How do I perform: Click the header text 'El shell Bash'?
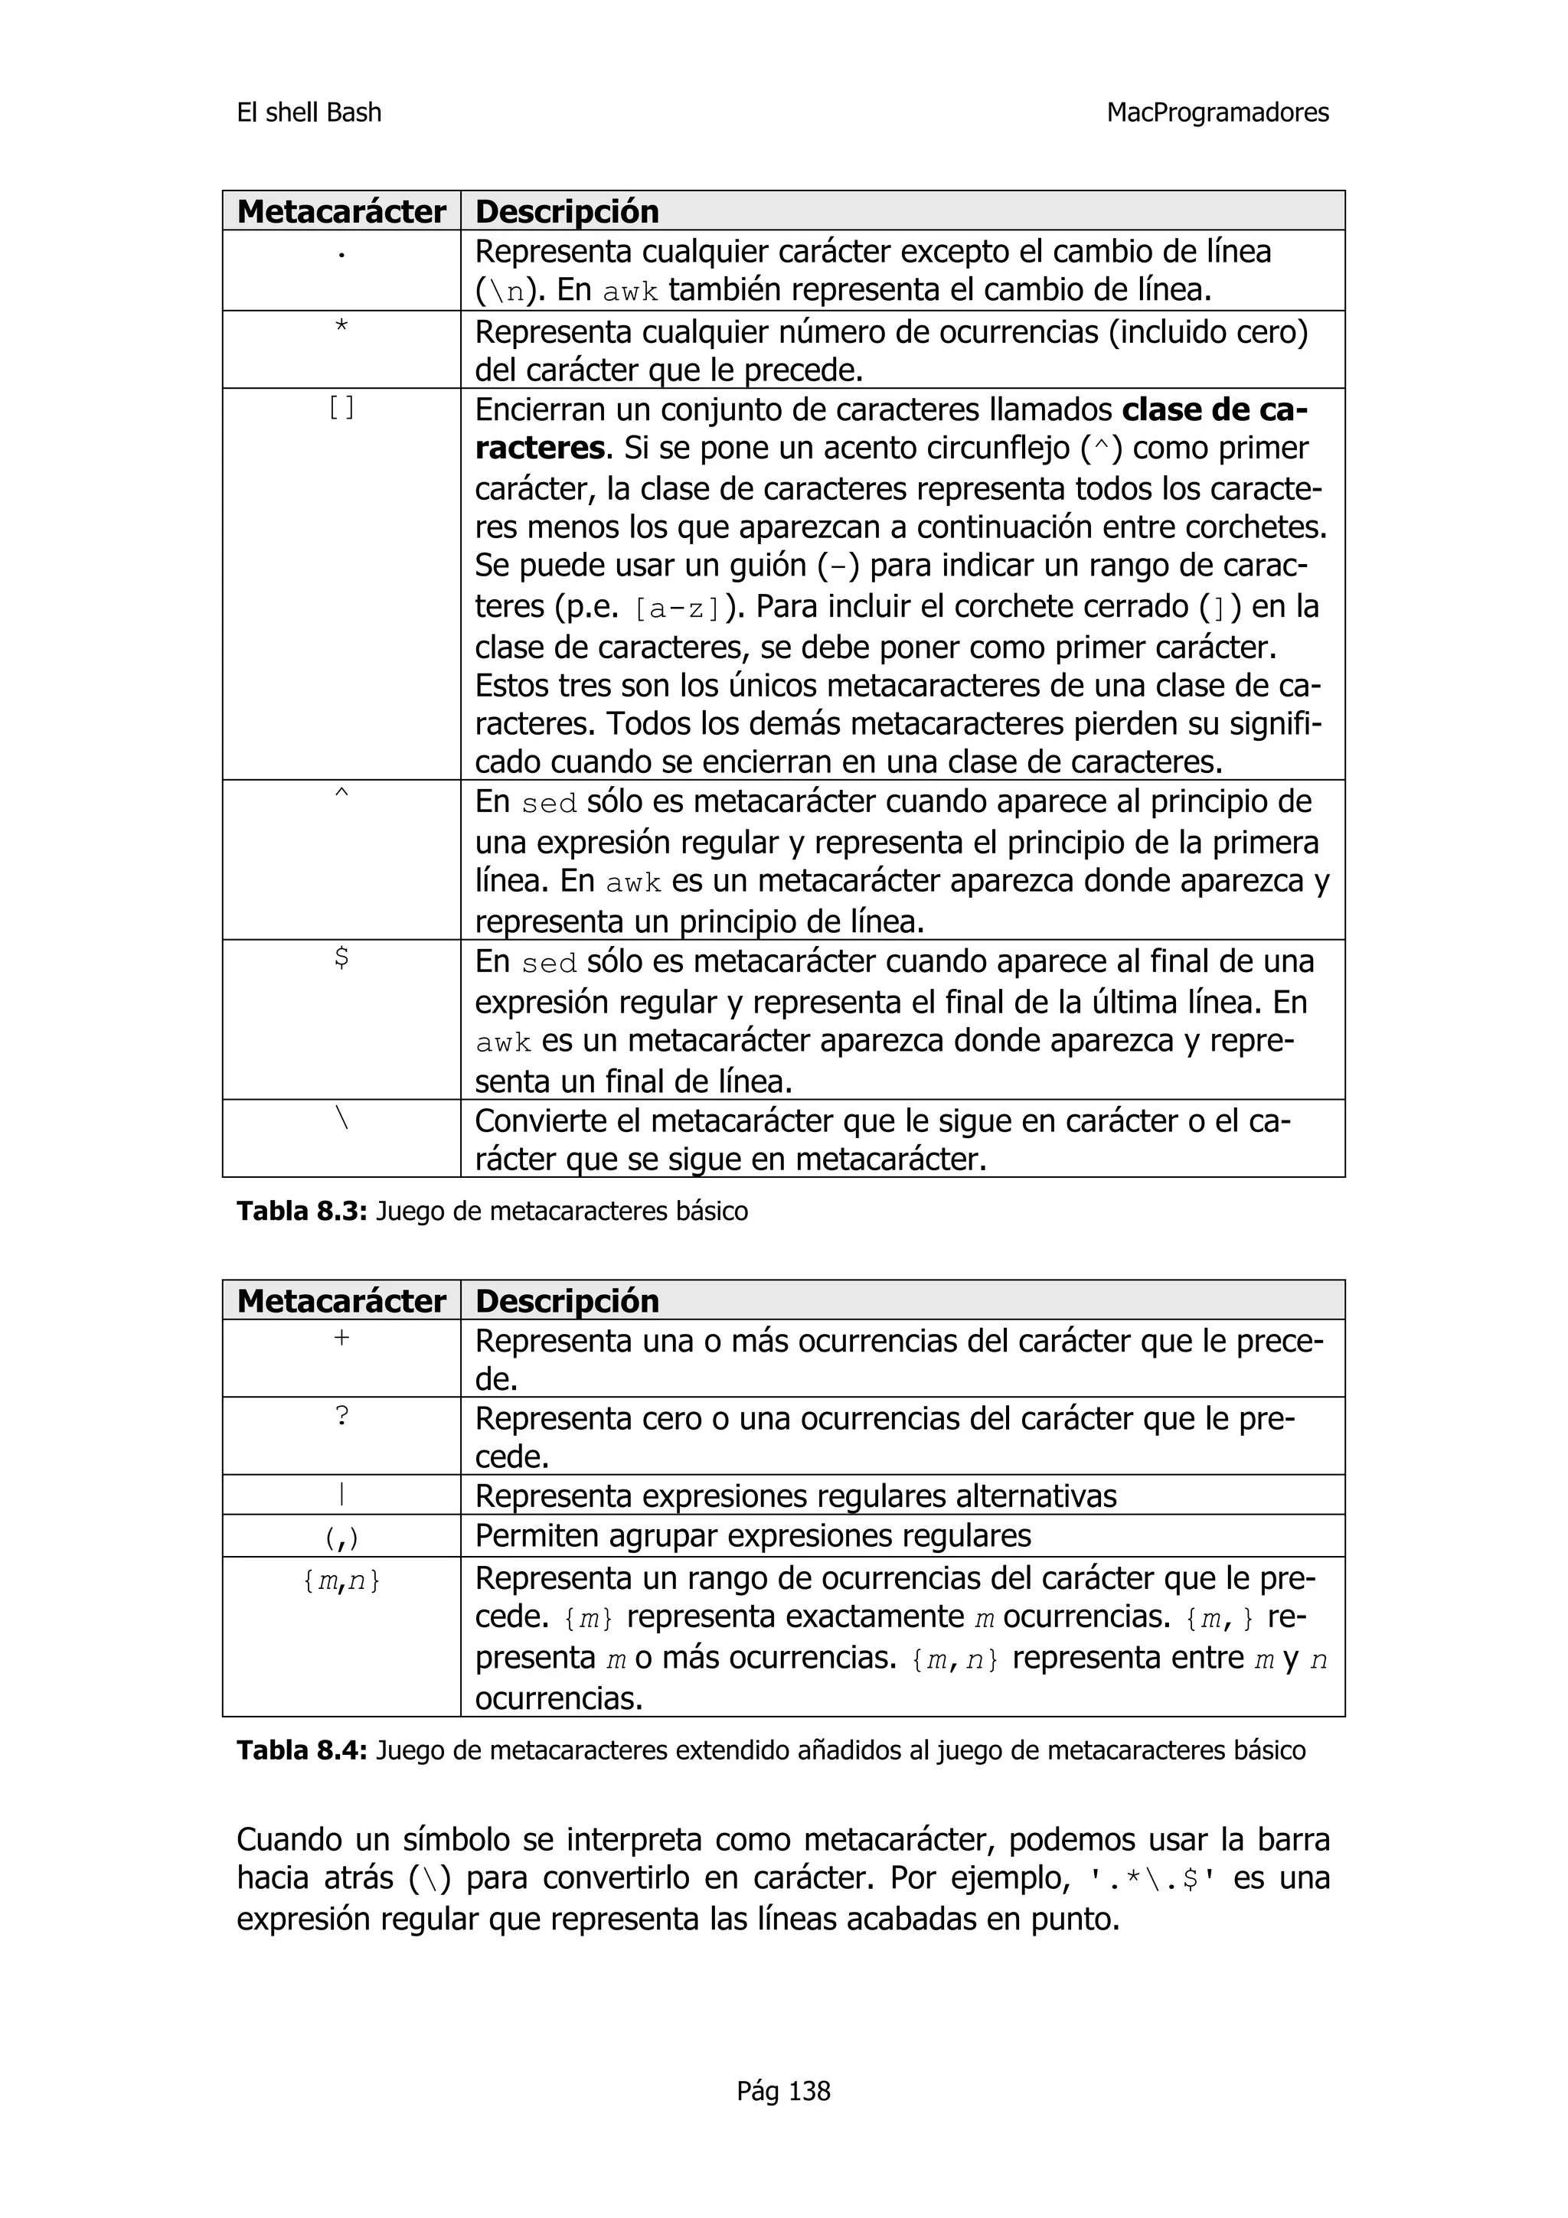coord(309,113)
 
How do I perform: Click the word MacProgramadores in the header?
coord(1217,113)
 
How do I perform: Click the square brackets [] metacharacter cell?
coord(341,409)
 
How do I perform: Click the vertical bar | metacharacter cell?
coord(341,1496)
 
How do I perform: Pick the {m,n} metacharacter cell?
coord(341,1580)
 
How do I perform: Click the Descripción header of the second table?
coord(567,1301)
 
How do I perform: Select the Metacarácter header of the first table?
coord(341,211)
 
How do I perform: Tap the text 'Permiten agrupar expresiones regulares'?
coord(753,1535)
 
